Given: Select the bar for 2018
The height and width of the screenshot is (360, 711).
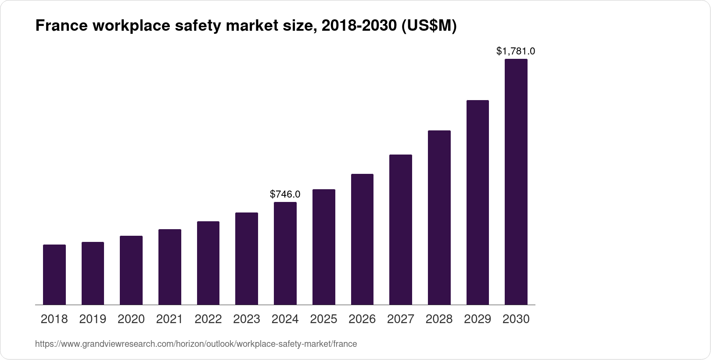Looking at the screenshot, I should tap(54, 275).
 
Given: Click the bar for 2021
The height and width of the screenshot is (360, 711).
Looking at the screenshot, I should tap(170, 267).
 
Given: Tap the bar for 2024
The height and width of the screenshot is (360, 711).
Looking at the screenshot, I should tap(285, 253).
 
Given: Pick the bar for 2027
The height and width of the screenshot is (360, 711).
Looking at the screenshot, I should tap(401, 230).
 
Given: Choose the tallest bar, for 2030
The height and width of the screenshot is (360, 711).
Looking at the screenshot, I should tap(516, 182).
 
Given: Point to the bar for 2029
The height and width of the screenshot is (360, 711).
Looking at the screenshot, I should tap(478, 202).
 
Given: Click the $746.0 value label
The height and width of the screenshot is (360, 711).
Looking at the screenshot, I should tap(285, 194).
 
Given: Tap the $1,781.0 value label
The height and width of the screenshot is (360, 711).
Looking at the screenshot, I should tap(516, 51).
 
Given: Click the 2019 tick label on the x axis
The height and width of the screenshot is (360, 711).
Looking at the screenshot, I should tap(93, 319).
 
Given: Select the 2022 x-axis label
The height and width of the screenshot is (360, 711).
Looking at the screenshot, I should tap(208, 319).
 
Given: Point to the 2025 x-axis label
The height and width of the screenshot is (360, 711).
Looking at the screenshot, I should tap(323, 319).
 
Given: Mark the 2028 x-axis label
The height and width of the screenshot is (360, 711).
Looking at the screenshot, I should tap(439, 319).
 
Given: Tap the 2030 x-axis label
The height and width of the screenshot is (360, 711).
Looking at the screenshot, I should tap(516, 319).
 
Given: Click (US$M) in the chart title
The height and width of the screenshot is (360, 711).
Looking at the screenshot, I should tap(427, 26).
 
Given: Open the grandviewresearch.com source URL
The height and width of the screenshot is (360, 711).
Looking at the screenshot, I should tap(196, 344).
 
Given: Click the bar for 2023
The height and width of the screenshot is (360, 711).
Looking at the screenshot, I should tap(247, 259).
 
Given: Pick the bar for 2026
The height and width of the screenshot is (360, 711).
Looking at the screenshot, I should tap(362, 239).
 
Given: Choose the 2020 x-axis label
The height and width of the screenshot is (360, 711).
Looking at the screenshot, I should tap(131, 319).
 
